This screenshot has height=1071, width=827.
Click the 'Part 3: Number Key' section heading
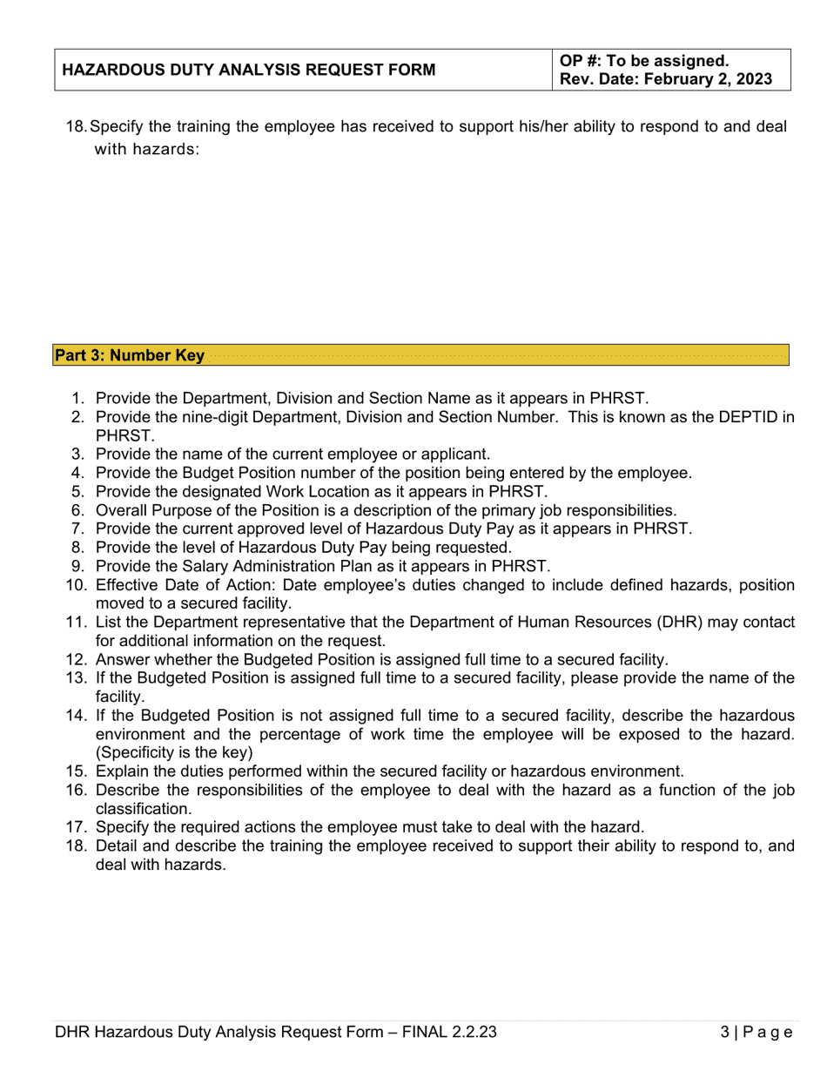tap(130, 355)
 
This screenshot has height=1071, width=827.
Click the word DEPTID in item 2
tap(749, 417)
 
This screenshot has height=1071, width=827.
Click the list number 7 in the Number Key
tap(77, 529)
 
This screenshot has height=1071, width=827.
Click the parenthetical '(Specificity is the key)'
tap(174, 751)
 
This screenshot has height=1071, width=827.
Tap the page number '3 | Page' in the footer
tap(756, 1032)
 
